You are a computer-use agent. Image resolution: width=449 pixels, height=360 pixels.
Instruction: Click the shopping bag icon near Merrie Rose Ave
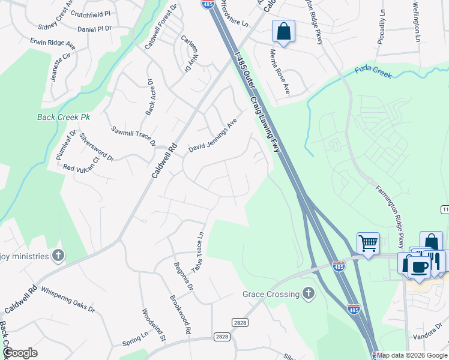pos(283,31)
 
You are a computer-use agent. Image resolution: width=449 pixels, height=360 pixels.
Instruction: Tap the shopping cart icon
pos(368,244)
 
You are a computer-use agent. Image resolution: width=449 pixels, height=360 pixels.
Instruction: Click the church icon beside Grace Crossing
pos(308,293)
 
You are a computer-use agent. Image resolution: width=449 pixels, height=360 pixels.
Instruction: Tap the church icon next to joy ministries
pos(58,256)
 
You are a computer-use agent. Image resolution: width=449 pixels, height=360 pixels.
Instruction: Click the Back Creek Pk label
pos(63,117)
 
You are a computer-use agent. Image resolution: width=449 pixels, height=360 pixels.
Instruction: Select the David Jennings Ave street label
pos(213,135)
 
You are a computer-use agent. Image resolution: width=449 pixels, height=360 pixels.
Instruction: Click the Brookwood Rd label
pos(179,315)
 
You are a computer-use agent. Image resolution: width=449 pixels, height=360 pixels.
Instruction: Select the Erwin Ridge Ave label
pos(53,43)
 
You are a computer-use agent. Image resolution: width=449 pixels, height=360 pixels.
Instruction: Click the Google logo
pos(20,353)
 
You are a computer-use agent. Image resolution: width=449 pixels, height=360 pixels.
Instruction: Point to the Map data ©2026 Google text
pos(412,355)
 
